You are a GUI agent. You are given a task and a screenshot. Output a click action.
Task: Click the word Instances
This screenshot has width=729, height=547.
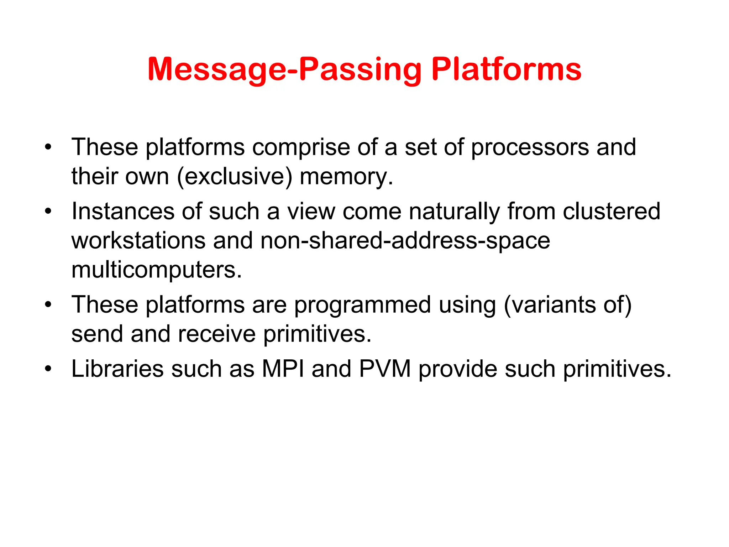(123, 211)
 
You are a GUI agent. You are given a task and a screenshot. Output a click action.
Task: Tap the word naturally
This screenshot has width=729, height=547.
(454, 212)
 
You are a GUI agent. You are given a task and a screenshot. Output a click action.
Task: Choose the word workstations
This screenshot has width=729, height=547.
(138, 240)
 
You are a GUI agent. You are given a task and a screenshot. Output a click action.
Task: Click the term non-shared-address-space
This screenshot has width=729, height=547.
(405, 240)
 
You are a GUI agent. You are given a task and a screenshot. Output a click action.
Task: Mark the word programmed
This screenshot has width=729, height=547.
(362, 305)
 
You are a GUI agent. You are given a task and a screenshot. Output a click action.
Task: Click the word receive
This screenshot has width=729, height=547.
(216, 334)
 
